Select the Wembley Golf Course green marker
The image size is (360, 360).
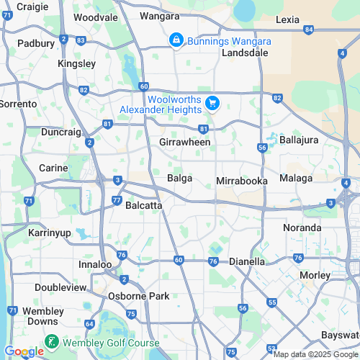(52, 341)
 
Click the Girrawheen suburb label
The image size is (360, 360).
(185, 142)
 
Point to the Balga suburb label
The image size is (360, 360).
(179, 178)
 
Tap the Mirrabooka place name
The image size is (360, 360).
(242, 181)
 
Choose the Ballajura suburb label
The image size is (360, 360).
(299, 140)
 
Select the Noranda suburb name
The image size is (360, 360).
(302, 228)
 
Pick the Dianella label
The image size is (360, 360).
(247, 262)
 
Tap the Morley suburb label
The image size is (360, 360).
(315, 275)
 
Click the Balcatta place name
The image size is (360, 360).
(143, 205)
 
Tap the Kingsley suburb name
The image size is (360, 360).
(76, 63)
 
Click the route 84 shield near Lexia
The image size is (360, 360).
(309, 30)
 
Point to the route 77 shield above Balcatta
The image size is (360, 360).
(117, 200)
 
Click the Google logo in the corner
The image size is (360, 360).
(23, 351)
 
